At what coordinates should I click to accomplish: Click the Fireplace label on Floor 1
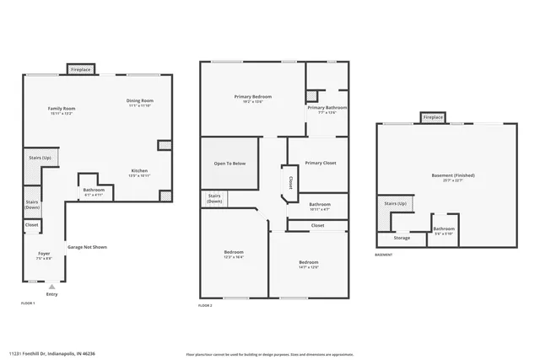click(x=81, y=69)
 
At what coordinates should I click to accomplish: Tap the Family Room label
click(x=62, y=109)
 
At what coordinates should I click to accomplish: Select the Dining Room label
click(x=139, y=101)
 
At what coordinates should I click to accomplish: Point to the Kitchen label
click(x=139, y=171)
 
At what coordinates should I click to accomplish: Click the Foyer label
click(x=44, y=254)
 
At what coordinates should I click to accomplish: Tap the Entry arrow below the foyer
click(x=51, y=287)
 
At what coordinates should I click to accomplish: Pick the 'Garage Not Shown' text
click(x=88, y=247)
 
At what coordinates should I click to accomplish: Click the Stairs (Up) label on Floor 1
click(x=40, y=158)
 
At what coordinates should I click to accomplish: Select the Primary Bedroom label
click(x=253, y=97)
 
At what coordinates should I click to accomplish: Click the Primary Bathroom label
click(x=327, y=108)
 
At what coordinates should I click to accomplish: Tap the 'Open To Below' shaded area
click(x=229, y=163)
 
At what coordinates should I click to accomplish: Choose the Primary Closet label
click(x=321, y=163)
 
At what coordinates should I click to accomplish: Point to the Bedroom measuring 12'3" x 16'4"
click(x=234, y=254)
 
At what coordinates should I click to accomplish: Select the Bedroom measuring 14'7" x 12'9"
click(x=308, y=263)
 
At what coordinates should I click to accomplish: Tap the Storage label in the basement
click(x=402, y=238)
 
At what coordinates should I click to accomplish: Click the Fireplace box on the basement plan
click(x=433, y=118)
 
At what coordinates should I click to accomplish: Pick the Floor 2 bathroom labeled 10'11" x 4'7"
click(x=320, y=205)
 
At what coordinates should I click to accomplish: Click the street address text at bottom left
click(x=51, y=353)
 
